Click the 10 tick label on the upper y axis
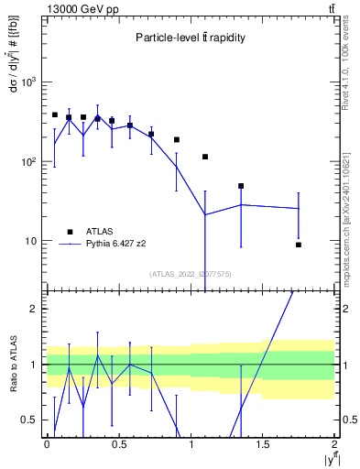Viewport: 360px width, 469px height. point(32,242)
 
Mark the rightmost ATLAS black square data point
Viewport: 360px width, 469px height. point(299,245)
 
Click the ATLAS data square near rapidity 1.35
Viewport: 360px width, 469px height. point(241,186)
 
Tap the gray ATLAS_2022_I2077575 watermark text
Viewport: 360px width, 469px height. point(191,273)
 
